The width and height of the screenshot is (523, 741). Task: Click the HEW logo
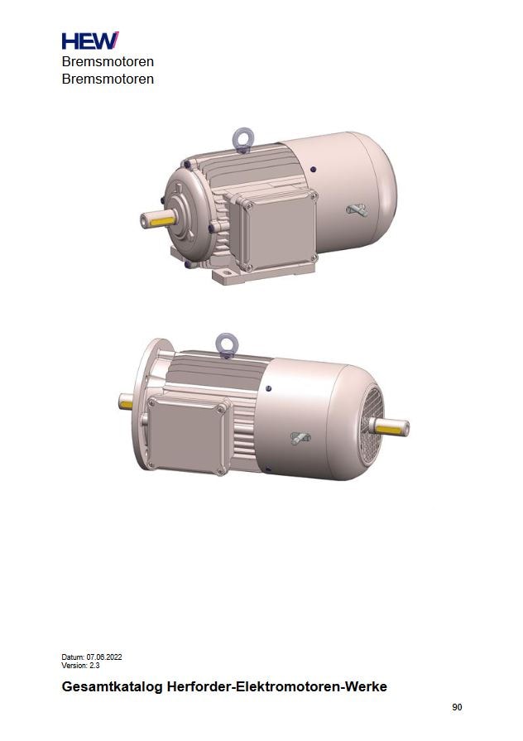(90, 41)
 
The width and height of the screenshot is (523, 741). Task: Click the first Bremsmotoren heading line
(108, 62)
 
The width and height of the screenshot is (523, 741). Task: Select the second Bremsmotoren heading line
(108, 79)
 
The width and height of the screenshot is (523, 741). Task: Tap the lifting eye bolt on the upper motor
(242, 139)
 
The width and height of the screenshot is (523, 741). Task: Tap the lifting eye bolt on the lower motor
(226, 344)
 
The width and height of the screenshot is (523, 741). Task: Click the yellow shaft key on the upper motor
(163, 221)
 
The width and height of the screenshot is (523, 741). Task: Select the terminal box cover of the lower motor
(187, 435)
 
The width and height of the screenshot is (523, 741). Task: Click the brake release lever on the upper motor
(357, 209)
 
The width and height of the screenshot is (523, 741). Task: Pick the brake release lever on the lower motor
(300, 438)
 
